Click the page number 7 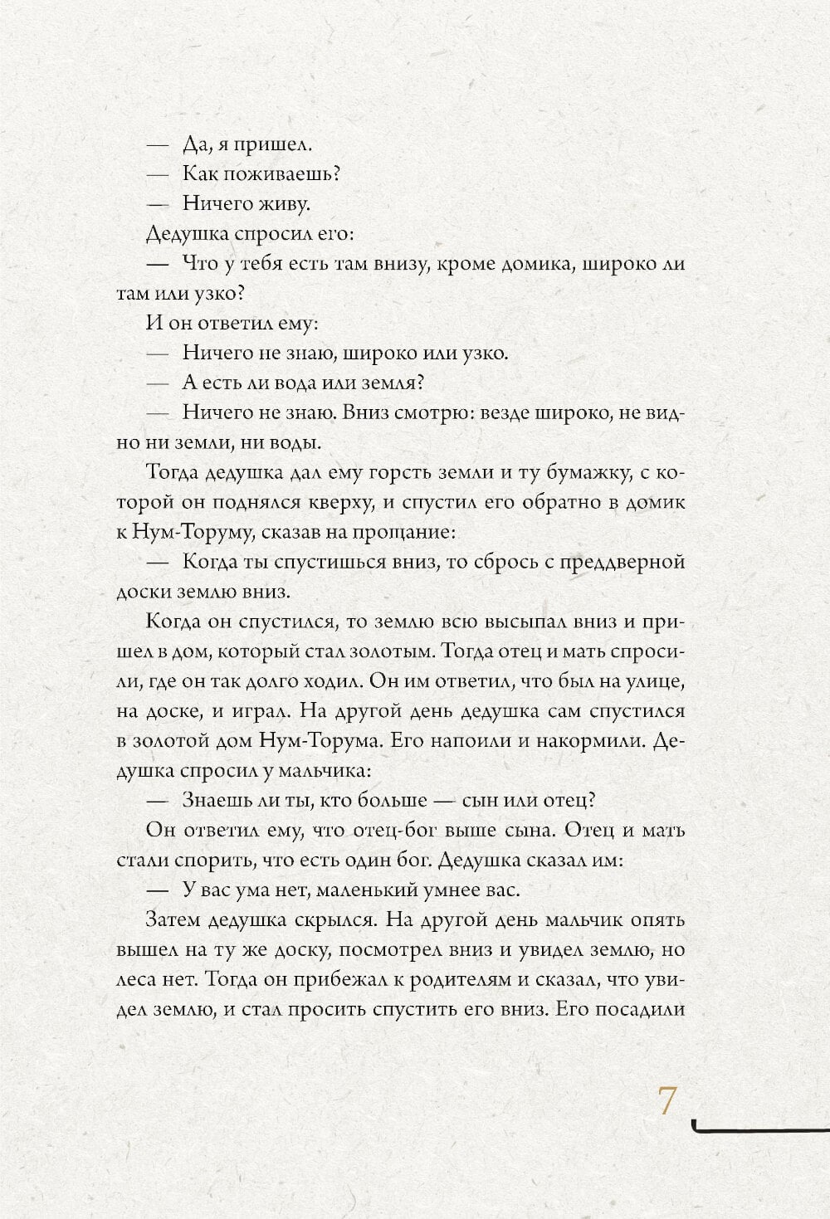pos(667,1102)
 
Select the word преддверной pos(610,562)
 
